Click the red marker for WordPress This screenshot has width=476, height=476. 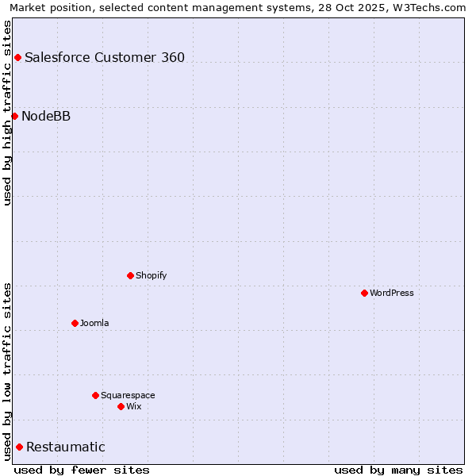[x=364, y=293]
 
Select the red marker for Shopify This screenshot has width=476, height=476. [x=130, y=275]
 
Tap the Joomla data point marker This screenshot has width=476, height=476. [x=75, y=323]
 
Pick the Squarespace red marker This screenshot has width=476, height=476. [x=95, y=395]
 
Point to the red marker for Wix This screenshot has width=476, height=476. [x=121, y=406]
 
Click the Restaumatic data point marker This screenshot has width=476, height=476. [x=19, y=447]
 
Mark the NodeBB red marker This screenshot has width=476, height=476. [x=14, y=116]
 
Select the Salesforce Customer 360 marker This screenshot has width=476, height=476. [x=17, y=57]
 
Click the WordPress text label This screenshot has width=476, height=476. [x=392, y=293]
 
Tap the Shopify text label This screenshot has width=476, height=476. [x=152, y=275]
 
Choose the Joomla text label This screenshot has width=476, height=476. [x=94, y=323]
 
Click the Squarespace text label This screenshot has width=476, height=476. [x=128, y=395]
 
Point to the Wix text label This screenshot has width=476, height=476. [x=134, y=406]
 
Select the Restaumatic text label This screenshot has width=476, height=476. [x=66, y=447]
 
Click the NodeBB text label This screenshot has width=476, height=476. [x=46, y=116]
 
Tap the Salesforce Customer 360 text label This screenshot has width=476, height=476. [x=105, y=57]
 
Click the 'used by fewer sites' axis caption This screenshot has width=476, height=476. [x=82, y=470]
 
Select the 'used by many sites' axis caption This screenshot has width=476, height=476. [x=398, y=470]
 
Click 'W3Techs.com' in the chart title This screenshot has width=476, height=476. [x=428, y=8]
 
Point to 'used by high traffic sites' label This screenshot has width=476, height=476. [x=8, y=113]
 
